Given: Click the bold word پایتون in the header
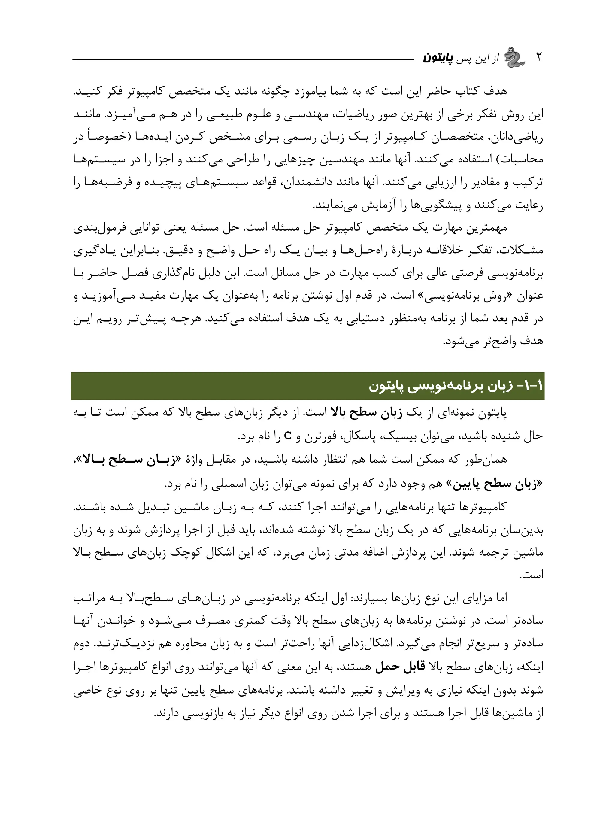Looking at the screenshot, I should [438, 59].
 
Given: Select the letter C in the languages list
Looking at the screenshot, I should [287, 435].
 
